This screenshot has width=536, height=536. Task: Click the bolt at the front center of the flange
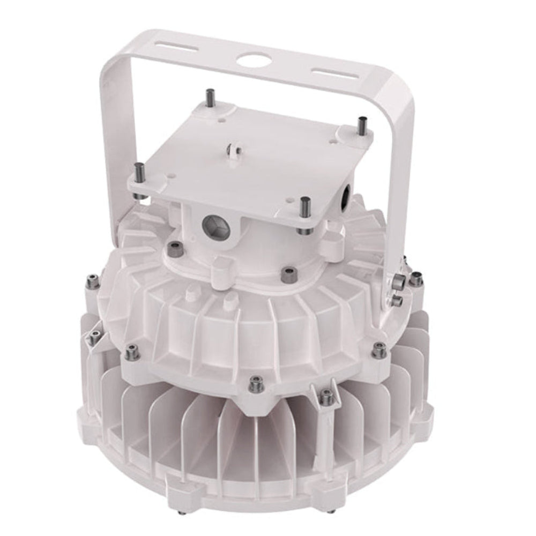[255, 383]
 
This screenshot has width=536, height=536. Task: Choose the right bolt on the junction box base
[290, 273]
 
